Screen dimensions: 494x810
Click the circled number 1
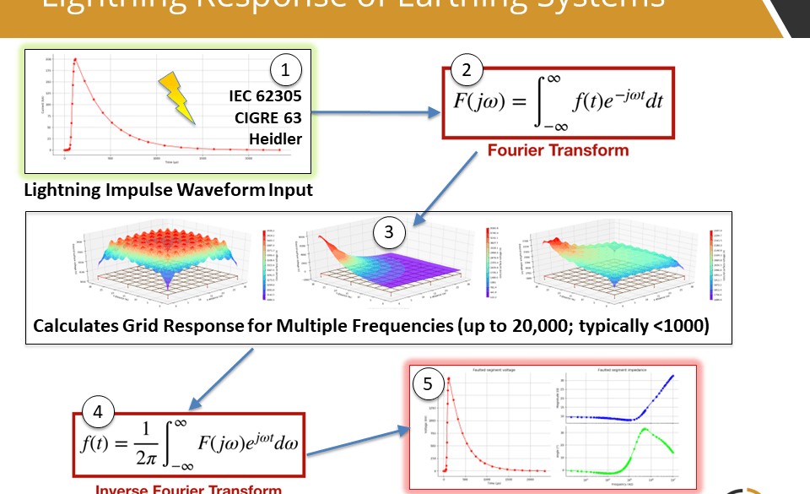[285, 69]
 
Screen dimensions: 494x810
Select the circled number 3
[389, 231]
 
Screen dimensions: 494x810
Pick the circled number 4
[99, 411]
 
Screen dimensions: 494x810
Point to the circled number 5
[428, 384]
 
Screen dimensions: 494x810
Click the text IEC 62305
[265, 96]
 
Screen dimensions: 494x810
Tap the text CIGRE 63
[267, 117]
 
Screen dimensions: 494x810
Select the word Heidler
[274, 138]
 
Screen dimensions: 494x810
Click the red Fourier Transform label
[558, 150]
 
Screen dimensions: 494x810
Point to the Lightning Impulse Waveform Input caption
[169, 190]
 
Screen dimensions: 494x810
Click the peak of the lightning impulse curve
[75, 60]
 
